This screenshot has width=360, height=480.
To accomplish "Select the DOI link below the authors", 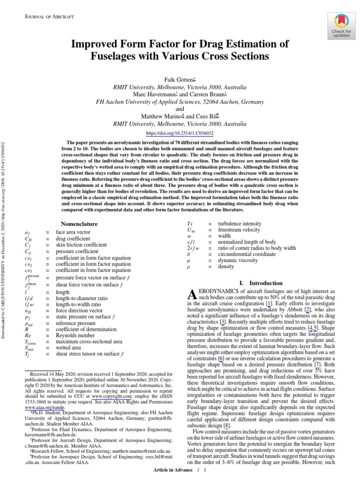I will (180, 133).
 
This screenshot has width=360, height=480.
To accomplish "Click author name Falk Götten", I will (179, 80).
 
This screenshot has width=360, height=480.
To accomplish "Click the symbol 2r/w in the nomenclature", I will (193, 248).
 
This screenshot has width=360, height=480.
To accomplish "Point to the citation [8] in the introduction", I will (227, 426).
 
